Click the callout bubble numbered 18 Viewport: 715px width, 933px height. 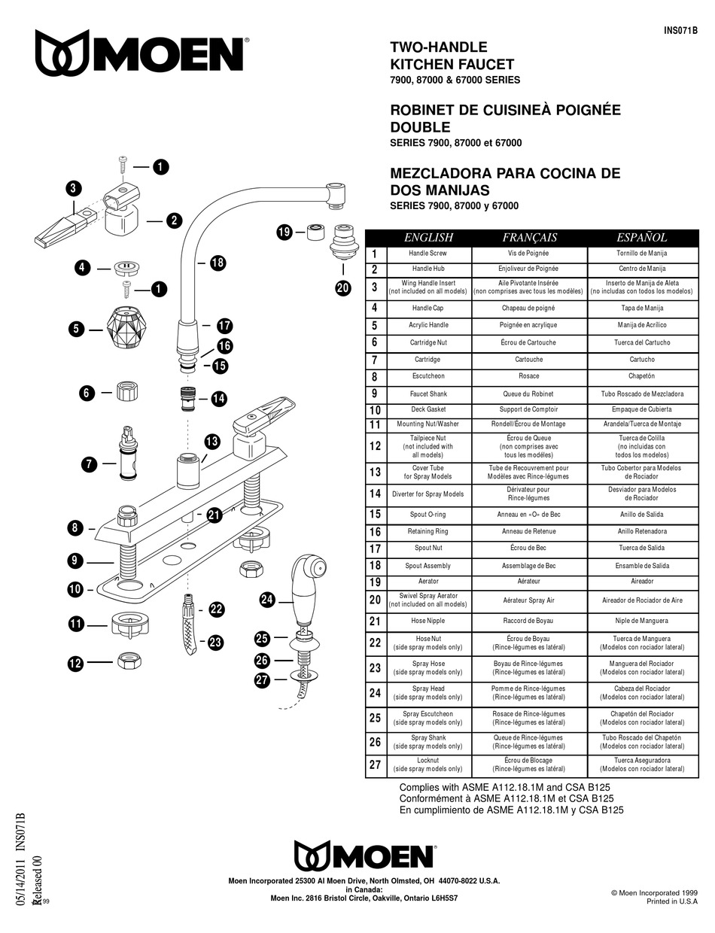coord(218,263)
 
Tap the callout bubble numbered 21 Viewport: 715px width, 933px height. coord(214,515)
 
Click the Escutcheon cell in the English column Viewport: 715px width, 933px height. coord(428,376)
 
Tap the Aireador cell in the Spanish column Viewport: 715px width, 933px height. coord(641,581)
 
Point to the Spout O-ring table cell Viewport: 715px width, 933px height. coord(428,515)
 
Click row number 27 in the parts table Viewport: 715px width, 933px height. coord(375,764)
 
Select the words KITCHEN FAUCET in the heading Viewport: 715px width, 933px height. coord(452,65)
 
